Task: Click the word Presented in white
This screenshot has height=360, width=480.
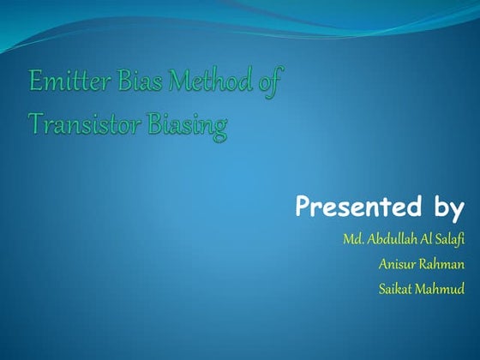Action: pos(355,207)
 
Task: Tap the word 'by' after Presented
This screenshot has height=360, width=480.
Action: pos(445,208)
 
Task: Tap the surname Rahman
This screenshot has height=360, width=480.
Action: pos(442,264)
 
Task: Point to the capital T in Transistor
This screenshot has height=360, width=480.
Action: pos(35,125)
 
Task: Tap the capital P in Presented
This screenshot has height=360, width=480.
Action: pos(303,207)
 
